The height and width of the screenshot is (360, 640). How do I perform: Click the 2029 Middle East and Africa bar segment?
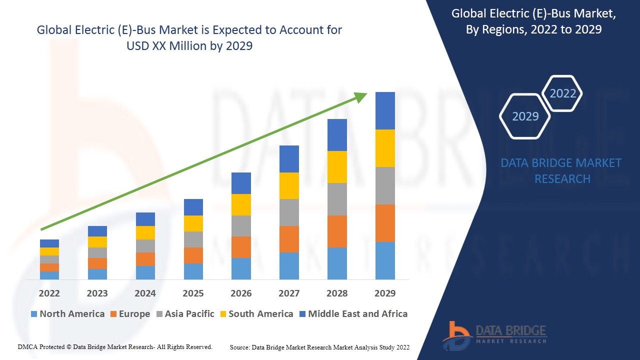(385, 110)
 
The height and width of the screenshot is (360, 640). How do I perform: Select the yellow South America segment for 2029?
(385, 148)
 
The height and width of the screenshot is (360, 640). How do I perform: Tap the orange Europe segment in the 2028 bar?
(337, 231)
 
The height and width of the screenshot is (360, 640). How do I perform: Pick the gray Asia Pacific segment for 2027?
(289, 212)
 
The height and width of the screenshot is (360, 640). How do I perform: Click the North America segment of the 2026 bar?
(241, 268)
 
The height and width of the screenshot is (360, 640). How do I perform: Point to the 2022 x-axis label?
(49, 293)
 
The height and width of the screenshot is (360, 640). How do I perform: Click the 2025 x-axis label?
(193, 293)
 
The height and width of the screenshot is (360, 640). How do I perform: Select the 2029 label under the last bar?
(385, 293)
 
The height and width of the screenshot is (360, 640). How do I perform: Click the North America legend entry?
(67, 314)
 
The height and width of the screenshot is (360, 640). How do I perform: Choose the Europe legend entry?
(129, 314)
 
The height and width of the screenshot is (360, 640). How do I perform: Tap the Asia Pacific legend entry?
(184, 314)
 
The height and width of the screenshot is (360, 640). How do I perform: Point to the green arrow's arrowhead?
(361, 96)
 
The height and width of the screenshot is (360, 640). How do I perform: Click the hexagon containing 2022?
(562, 93)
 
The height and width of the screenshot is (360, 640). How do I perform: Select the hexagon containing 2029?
(525, 116)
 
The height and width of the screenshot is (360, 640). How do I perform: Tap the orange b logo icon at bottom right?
(455, 335)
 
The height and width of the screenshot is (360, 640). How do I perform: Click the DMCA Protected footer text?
(115, 346)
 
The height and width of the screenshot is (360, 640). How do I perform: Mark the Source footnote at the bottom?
(319, 347)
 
